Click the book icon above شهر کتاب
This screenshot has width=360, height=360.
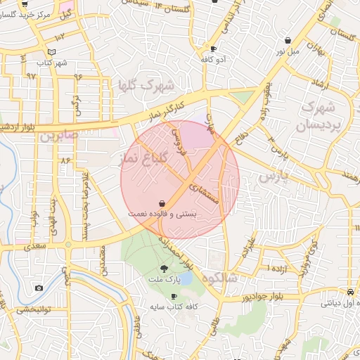(x=51, y=52)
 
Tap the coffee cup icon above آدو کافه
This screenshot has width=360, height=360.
(x=213, y=49)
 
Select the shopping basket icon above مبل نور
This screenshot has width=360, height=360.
(x=289, y=41)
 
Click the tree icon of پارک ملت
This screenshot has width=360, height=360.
(x=165, y=268)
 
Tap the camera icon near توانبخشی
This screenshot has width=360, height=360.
(x=38, y=288)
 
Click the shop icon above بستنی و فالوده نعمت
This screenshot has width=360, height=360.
(x=162, y=202)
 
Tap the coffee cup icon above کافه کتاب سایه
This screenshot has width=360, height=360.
(x=174, y=297)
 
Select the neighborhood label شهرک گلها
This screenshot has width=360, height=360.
(x=147, y=87)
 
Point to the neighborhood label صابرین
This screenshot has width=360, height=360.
(x=56, y=134)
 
